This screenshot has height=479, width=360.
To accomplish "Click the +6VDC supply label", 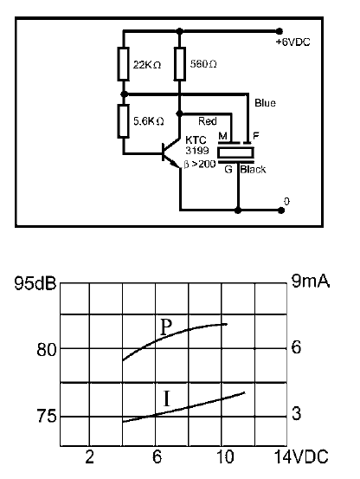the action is [292, 42].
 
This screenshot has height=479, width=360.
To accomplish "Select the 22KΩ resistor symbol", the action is [123, 64].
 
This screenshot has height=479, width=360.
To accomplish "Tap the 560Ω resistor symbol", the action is [180, 64].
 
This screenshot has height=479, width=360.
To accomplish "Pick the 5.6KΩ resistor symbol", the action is [123, 121].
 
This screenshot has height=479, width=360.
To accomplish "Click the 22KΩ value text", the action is [147, 65].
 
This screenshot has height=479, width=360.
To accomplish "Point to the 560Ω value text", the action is [203, 64].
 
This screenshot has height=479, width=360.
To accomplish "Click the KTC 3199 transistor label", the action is [196, 146].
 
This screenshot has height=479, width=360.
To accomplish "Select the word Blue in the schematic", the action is [265, 103].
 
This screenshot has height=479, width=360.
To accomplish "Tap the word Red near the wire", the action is [208, 121].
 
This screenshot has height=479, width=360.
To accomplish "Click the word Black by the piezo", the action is [253, 169].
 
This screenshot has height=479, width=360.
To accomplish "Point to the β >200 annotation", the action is [200, 165].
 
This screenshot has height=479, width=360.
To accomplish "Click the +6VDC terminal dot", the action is [279, 31].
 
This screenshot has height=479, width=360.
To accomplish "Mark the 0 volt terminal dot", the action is [281, 210].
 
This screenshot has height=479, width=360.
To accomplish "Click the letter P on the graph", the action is [165, 327].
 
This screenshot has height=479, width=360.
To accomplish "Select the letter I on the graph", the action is [166, 398].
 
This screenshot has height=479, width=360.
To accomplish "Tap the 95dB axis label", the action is [35, 283].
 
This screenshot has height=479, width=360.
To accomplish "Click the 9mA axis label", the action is [311, 281].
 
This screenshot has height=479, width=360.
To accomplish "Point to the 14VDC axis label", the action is [301, 457].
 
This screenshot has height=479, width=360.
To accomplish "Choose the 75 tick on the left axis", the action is [47, 416].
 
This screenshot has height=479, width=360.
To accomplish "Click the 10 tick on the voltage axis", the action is [225, 457].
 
